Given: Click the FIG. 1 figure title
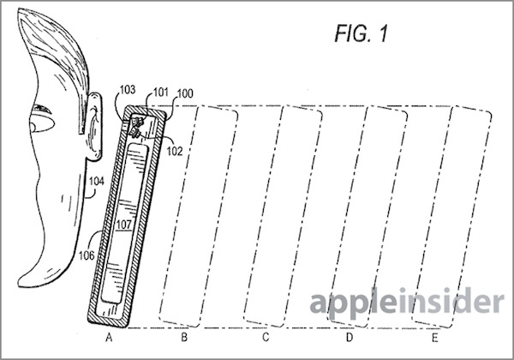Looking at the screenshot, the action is [x=361, y=33].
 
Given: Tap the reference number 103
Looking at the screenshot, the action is [x=128, y=89].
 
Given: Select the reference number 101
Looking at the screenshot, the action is [x=161, y=93].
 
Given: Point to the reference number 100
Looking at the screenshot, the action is [x=185, y=93].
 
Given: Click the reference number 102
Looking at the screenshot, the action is [x=175, y=151].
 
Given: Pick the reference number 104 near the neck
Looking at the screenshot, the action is [x=96, y=182].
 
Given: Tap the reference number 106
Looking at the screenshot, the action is [x=87, y=255].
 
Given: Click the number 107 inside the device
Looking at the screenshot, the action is [x=124, y=225].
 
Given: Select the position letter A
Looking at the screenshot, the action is [x=109, y=337].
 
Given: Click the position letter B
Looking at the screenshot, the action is [x=184, y=337].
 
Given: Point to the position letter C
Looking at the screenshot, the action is [x=266, y=337].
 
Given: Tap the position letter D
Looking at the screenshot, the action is [x=350, y=337].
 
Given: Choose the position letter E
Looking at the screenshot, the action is [x=434, y=337].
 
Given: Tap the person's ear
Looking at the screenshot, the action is [x=94, y=127].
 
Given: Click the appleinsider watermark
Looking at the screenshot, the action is [x=407, y=302].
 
